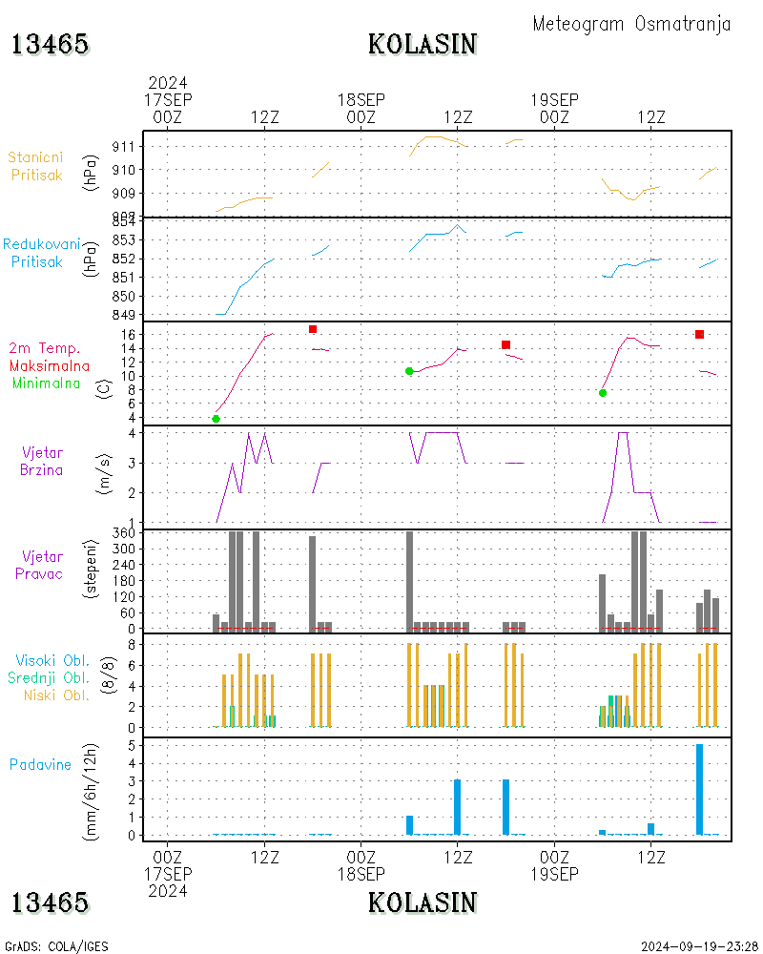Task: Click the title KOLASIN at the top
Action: (x=423, y=45)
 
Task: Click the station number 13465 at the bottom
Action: (x=50, y=902)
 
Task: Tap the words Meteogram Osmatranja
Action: (x=631, y=24)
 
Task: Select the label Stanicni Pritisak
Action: (x=36, y=166)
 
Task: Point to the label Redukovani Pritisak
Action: (x=41, y=253)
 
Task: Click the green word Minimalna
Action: (x=46, y=384)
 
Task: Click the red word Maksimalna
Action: (x=50, y=366)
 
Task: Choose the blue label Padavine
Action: (x=40, y=765)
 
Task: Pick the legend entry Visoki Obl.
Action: (x=52, y=660)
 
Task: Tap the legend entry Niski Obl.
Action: (x=56, y=695)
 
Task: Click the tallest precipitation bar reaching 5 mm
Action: (x=700, y=789)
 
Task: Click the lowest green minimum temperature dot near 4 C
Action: (x=216, y=419)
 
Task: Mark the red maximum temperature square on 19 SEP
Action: (x=700, y=334)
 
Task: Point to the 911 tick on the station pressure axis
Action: (x=124, y=147)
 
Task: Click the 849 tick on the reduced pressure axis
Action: (x=124, y=315)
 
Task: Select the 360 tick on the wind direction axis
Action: (x=124, y=533)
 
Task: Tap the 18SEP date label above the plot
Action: (x=361, y=100)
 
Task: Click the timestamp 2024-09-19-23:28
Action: (x=700, y=946)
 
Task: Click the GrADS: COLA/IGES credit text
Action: (x=56, y=946)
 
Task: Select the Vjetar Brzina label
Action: (x=41, y=461)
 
